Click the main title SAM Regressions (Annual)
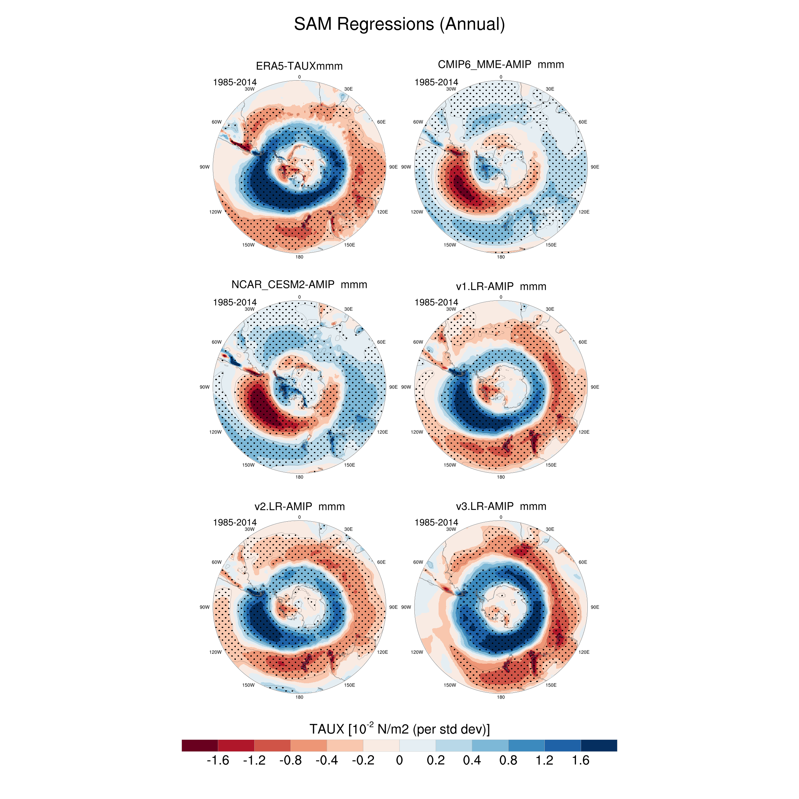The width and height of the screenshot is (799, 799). pyautogui.click(x=399, y=24)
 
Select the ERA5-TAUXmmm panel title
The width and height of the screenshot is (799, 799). pyautogui.click(x=299, y=66)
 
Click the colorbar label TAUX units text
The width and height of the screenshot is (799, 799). pyautogui.click(x=399, y=729)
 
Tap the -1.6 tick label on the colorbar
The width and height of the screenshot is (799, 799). pyautogui.click(x=218, y=760)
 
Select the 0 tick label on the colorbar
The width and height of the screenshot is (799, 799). pyautogui.click(x=399, y=760)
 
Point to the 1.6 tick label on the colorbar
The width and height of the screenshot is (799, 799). pyautogui.click(x=581, y=760)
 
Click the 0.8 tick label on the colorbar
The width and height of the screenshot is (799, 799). pyautogui.click(x=508, y=760)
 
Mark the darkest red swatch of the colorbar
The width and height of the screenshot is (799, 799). pyautogui.click(x=200, y=745)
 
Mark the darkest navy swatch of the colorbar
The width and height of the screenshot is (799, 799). pyautogui.click(x=599, y=745)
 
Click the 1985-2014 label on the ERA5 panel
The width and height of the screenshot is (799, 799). pyautogui.click(x=234, y=82)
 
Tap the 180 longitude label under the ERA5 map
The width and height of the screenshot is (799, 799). pyautogui.click(x=299, y=257)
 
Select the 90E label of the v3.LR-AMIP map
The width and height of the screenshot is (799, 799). pyautogui.click(x=595, y=607)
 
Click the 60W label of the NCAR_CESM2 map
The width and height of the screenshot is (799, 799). pyautogui.click(x=216, y=342)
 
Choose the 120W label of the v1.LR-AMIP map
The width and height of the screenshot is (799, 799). pyautogui.click(x=417, y=432)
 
